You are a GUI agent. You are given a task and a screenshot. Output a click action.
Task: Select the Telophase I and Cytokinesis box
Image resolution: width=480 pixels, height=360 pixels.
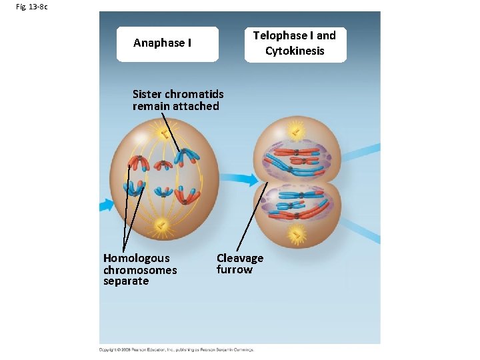[295, 44]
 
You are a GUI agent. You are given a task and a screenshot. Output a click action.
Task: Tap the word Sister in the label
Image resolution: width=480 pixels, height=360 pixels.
[147, 94]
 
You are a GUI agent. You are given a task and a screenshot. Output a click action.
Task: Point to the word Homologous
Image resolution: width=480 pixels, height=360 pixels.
[136, 258]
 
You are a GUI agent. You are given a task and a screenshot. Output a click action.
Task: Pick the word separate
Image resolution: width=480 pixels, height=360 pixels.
[126, 281]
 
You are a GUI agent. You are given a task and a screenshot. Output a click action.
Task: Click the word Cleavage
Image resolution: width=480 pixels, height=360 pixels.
[240, 258]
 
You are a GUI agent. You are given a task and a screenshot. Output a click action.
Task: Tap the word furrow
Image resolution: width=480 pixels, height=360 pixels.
[234, 269]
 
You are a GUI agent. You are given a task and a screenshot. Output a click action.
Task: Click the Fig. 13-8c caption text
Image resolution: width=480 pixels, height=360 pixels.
[31, 7]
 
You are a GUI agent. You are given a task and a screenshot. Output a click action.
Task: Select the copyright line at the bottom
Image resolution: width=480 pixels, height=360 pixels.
[177, 349]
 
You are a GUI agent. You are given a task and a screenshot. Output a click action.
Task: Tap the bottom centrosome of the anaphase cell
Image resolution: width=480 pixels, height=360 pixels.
[159, 227]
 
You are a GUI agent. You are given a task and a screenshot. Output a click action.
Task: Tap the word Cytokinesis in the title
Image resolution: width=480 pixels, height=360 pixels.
[295, 51]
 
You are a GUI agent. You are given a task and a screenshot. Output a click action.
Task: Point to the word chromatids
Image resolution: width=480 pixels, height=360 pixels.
[191, 94]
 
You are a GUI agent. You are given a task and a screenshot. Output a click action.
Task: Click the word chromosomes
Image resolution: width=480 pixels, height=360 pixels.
[140, 270]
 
